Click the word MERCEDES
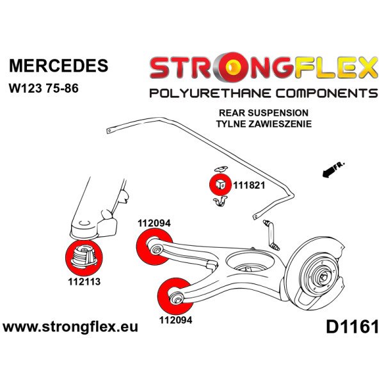coord(58,66)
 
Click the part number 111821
coord(248,184)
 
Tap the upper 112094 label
coord(154,223)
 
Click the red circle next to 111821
coord(220,183)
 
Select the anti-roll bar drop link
coord(270,233)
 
